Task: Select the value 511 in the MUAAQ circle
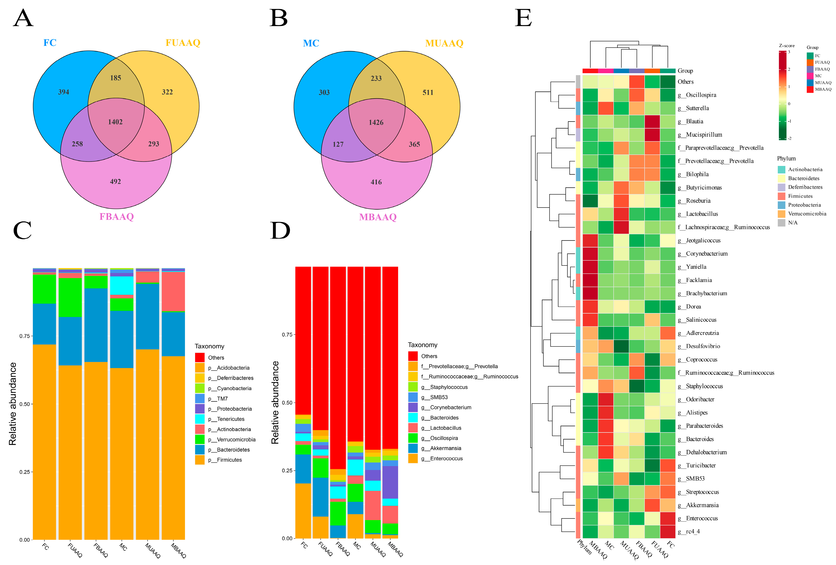pyautogui.click(x=428, y=92)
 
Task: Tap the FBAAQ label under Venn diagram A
pyautogui.click(x=116, y=217)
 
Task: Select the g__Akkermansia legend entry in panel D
pyautogui.click(x=441, y=448)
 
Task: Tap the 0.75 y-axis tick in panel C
pyautogui.click(x=24, y=336)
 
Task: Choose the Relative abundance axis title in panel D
pyautogui.click(x=275, y=402)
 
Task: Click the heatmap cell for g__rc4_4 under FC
pyautogui.click(x=668, y=532)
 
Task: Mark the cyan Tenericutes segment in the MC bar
pyautogui.click(x=122, y=285)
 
